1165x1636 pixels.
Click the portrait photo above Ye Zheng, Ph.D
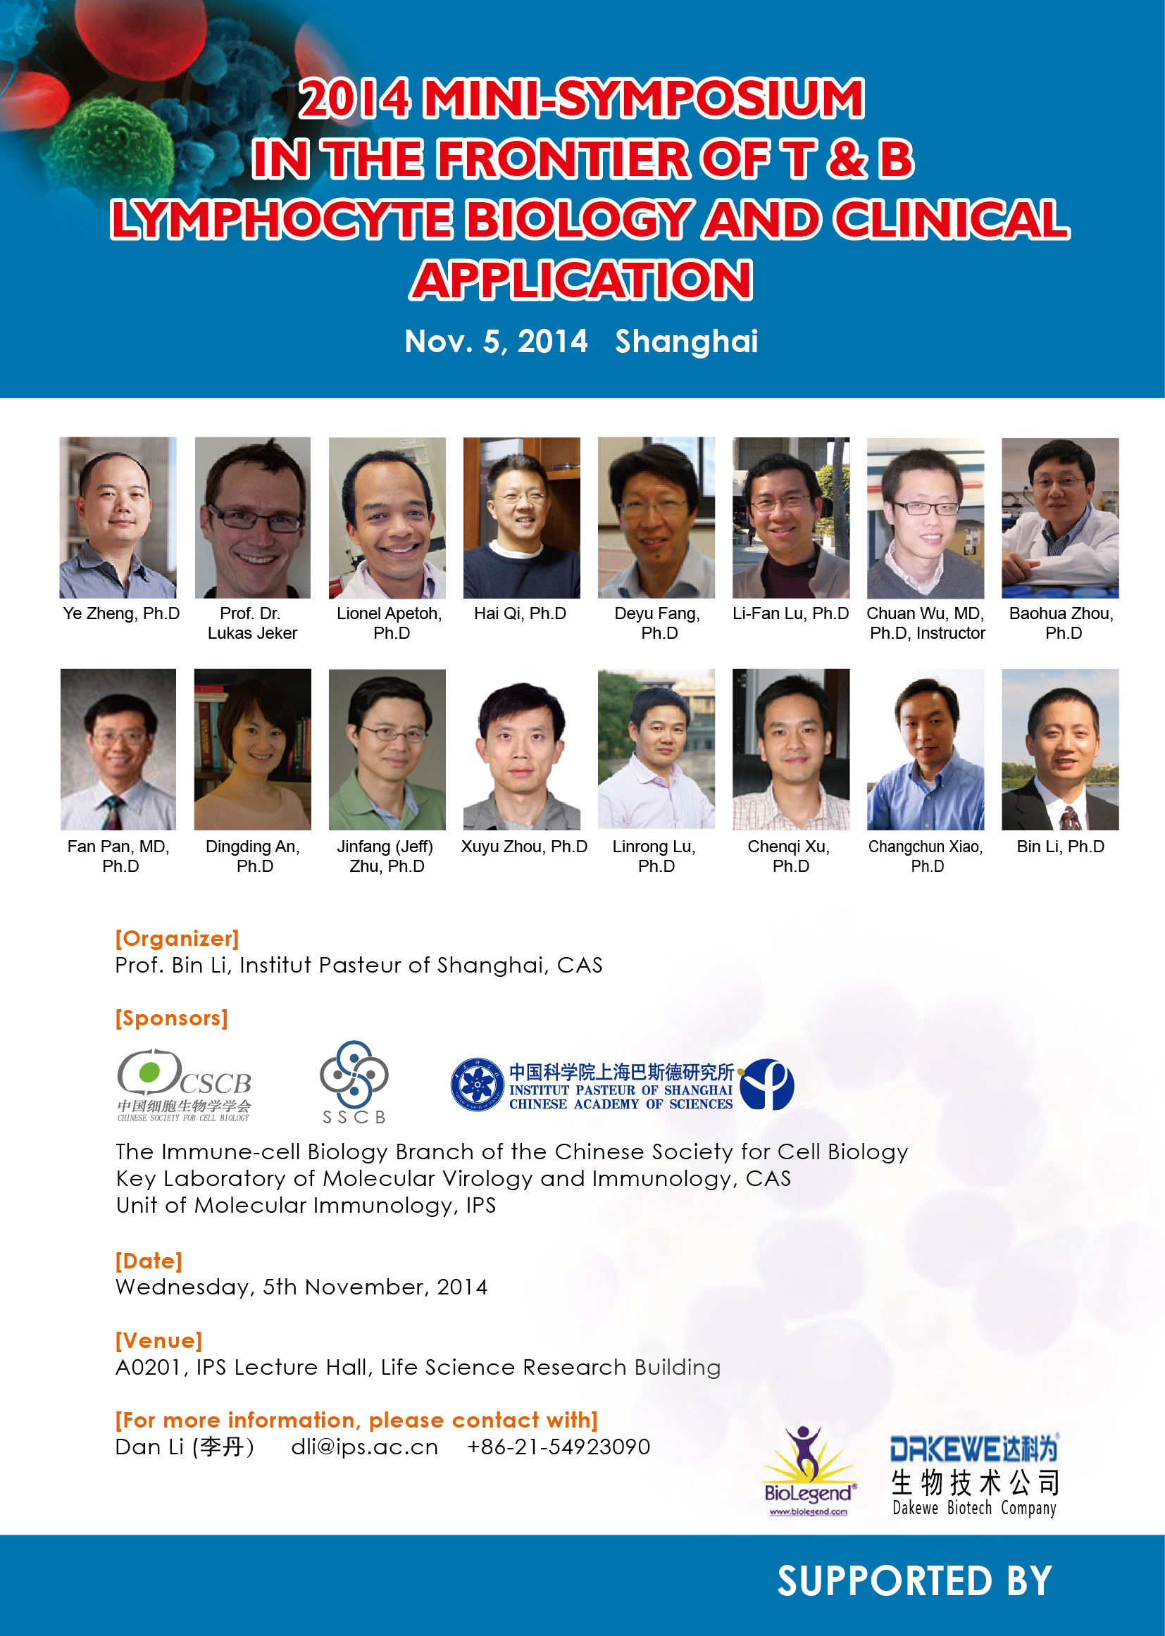(x=118, y=518)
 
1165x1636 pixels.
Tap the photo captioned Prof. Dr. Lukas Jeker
(x=253, y=518)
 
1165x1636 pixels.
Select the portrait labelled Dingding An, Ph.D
(x=253, y=749)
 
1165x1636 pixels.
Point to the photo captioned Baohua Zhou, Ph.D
(x=1060, y=518)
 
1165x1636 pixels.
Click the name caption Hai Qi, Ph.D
(x=520, y=614)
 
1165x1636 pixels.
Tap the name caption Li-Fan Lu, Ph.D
(x=790, y=614)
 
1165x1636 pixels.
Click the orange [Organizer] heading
(x=177, y=939)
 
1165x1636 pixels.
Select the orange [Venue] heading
(x=159, y=1340)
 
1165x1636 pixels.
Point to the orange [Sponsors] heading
(x=171, y=1018)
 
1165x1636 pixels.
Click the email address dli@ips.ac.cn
(x=364, y=1447)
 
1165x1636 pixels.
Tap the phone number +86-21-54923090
(x=559, y=1447)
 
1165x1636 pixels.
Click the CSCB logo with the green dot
(x=185, y=1085)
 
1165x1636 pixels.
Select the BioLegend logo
(x=809, y=1471)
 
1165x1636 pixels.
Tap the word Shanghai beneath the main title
(x=687, y=342)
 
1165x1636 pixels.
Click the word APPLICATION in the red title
(x=582, y=280)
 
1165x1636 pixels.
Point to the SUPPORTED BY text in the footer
(x=915, y=1582)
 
